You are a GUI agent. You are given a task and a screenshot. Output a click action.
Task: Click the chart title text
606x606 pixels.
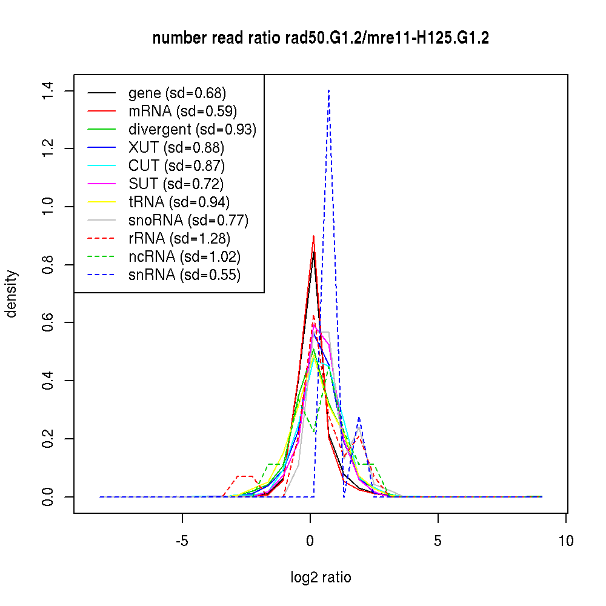[321, 38]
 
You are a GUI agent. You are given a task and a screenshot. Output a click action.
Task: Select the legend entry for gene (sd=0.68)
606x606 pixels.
[177, 93]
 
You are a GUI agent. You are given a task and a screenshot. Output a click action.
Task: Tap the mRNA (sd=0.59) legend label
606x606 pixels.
[182, 112]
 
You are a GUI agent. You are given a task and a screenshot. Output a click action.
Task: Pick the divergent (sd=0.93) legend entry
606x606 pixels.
[192, 130]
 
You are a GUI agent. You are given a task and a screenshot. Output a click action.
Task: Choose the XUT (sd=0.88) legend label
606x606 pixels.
[176, 148]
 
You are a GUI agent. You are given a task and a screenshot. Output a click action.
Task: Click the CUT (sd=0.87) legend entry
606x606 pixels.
[176, 166]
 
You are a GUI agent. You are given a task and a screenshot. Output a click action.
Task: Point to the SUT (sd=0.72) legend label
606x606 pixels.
[176, 184]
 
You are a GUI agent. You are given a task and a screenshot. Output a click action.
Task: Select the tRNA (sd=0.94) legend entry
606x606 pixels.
[179, 202]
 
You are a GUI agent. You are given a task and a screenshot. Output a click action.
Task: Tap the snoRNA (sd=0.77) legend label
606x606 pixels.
[188, 221]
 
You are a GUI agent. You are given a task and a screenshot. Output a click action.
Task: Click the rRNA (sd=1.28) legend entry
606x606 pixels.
[179, 239]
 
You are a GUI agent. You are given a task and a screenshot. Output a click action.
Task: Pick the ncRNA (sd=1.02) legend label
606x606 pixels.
[185, 257]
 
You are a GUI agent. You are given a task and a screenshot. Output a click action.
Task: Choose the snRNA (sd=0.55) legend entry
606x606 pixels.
[184, 275]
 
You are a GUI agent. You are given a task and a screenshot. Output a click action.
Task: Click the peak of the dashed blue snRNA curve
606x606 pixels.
[328, 90]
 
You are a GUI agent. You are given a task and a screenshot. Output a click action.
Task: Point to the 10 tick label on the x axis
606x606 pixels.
[565, 541]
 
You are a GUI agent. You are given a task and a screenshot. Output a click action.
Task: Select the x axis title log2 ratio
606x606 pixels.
[321, 578]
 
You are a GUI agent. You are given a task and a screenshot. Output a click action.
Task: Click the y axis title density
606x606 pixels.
[12, 293]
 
